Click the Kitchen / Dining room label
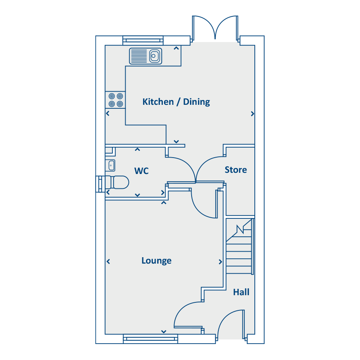[176, 102]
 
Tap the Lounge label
[156, 260]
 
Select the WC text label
[142, 171]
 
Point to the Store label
[236, 170]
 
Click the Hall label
[241, 292]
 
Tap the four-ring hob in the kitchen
[116, 100]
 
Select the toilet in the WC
[117, 182]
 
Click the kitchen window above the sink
[143, 40]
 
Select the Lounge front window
[150, 339]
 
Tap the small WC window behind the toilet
[100, 184]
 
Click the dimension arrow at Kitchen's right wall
[252, 114]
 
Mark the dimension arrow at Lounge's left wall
[108, 261]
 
